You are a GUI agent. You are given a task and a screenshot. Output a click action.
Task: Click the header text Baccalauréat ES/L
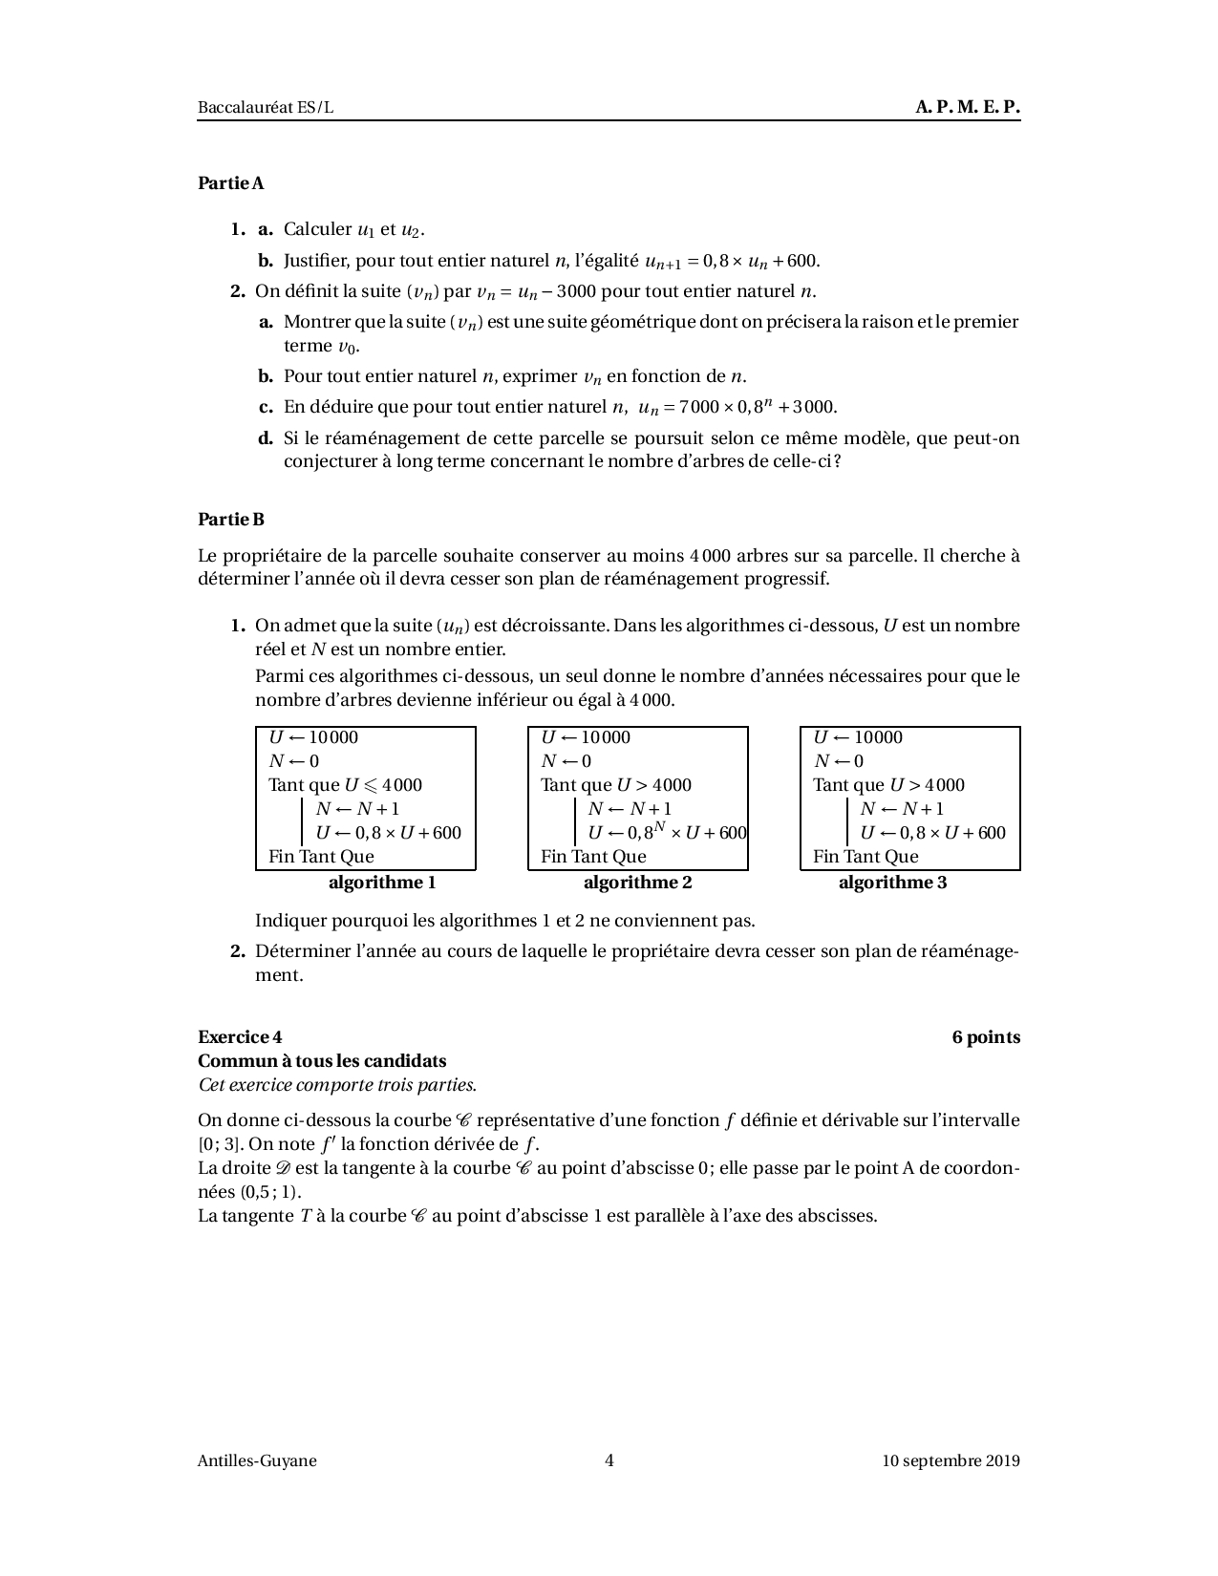266,107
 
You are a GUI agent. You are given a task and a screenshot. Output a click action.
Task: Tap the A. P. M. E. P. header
967,107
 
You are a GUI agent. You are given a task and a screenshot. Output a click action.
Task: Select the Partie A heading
230,182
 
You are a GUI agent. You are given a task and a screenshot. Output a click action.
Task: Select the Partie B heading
230,520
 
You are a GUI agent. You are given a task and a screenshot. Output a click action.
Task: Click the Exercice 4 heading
240,1037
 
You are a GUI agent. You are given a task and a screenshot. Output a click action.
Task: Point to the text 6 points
986,1037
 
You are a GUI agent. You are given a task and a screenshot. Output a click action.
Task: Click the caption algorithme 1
382,883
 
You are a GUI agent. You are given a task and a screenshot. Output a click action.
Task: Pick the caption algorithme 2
637,883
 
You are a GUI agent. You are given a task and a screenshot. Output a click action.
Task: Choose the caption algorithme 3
892,883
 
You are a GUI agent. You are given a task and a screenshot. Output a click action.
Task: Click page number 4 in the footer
609,1459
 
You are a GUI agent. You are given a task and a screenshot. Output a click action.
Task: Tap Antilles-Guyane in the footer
257,1459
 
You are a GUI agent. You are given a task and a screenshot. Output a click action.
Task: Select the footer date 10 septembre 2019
951,1459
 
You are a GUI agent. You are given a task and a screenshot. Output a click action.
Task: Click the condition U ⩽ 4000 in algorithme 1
382,785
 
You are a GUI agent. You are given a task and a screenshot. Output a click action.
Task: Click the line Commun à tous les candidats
322,1061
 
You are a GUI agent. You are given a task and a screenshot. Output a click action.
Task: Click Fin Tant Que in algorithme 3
865,857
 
